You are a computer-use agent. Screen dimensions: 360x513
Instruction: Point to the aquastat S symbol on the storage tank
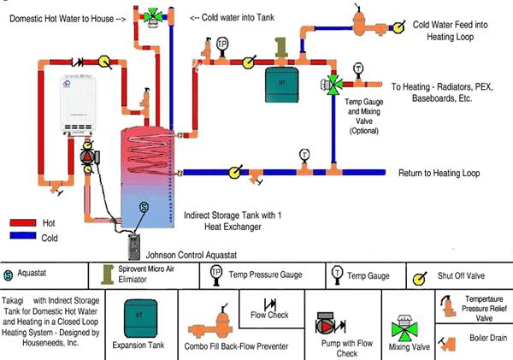144,207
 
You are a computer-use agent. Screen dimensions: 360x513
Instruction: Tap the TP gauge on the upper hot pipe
222,44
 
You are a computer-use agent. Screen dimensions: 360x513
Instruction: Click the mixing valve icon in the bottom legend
385,329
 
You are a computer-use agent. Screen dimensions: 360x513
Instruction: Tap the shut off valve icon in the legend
420,275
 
